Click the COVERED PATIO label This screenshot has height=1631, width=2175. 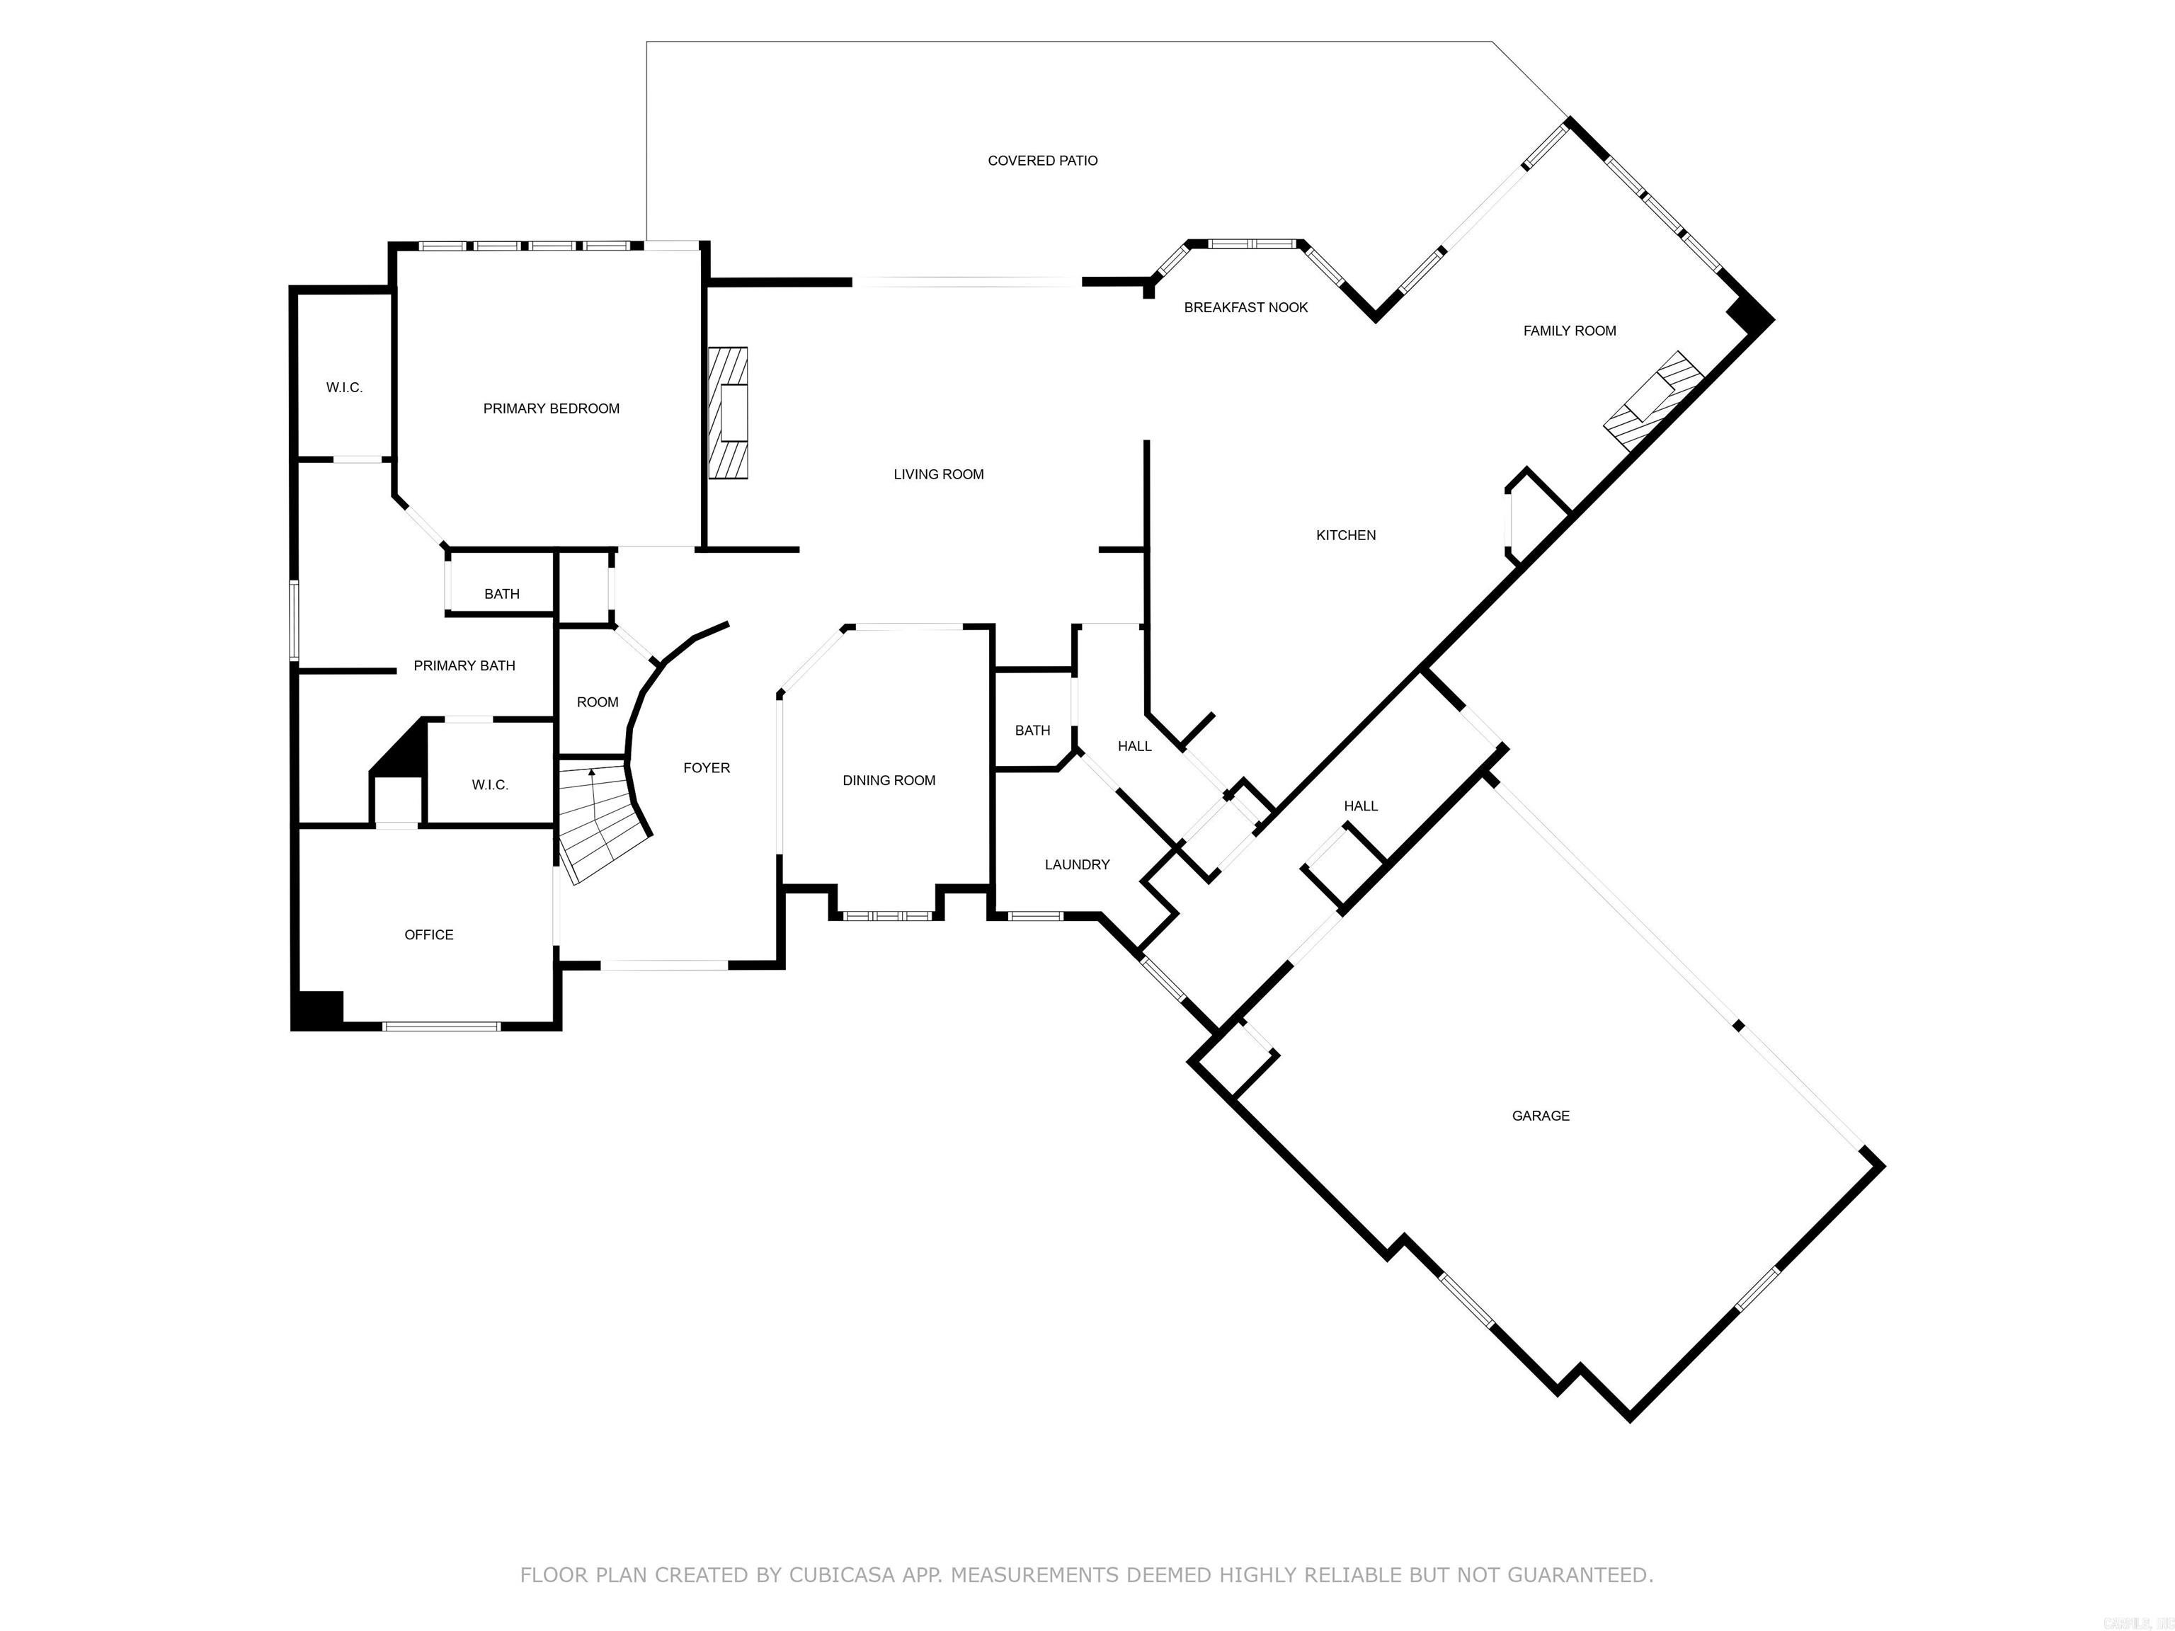tap(1042, 160)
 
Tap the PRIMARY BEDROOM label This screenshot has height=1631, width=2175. tap(551, 408)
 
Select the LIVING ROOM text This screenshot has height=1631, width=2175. tap(938, 474)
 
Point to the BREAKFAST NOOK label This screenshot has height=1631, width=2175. tap(1246, 307)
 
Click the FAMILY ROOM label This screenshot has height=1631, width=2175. tap(1570, 331)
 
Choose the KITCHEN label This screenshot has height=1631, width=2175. tap(1345, 535)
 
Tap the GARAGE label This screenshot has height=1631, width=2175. tap(1540, 1115)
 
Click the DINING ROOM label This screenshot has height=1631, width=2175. tap(888, 779)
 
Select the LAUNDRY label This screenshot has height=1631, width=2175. tap(1077, 864)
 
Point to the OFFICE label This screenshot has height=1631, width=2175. tap(429, 934)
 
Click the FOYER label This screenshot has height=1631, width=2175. tap(706, 767)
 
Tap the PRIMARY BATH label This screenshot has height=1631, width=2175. tap(464, 665)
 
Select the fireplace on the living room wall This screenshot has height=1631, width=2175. tap(729, 413)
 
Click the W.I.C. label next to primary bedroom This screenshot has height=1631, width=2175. tap(344, 387)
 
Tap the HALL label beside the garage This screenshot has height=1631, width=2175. tap(1360, 805)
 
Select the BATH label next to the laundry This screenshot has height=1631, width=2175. tap(1032, 729)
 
